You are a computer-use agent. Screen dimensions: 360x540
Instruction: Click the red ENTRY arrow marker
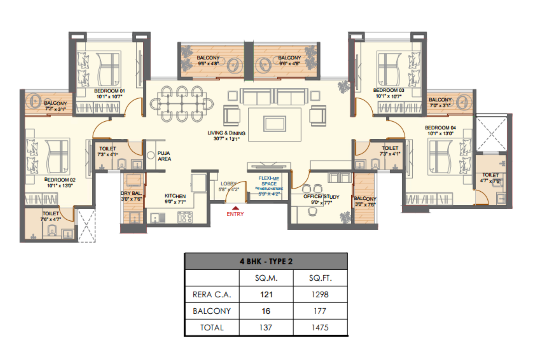click(235, 208)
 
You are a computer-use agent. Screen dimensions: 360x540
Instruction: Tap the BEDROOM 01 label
click(109, 91)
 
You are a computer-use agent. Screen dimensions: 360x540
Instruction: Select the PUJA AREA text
click(164, 156)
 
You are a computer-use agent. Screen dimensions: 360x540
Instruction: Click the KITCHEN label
click(175, 196)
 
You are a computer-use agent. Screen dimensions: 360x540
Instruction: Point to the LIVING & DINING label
click(226, 133)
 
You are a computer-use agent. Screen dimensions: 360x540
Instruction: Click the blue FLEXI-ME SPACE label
click(269, 181)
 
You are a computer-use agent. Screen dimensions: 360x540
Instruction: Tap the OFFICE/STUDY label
click(321, 196)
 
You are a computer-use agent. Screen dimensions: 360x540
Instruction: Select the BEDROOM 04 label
click(440, 128)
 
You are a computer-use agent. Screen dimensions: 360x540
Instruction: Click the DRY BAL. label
click(131, 193)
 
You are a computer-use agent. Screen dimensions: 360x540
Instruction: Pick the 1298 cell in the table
click(320, 295)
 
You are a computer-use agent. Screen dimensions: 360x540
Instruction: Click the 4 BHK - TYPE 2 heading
click(266, 261)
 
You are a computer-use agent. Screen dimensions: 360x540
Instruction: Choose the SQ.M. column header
click(266, 278)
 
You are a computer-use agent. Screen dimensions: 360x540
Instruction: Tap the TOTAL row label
click(212, 327)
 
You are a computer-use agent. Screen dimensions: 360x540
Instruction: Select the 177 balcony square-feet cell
click(320, 311)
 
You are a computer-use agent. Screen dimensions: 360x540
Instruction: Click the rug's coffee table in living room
click(275, 123)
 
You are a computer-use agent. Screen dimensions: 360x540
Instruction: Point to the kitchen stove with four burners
click(185, 217)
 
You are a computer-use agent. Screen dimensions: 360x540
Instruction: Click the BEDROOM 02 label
click(60, 180)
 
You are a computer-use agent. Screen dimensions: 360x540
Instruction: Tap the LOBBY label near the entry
click(228, 184)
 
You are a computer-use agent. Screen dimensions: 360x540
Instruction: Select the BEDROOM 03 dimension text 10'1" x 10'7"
click(388, 96)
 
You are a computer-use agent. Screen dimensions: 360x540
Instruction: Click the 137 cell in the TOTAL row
click(266, 327)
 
